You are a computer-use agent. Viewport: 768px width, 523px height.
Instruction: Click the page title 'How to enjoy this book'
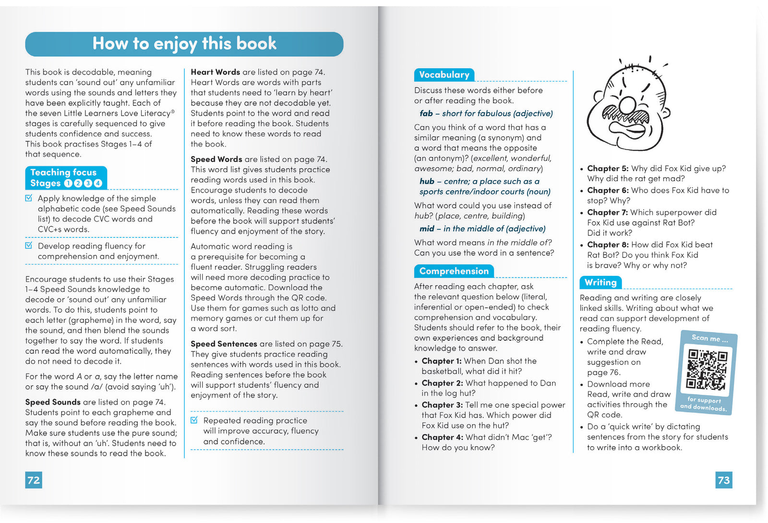pos(184,44)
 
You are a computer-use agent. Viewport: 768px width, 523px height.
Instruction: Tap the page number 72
pos(34,480)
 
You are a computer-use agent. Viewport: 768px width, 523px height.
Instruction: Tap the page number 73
pos(723,480)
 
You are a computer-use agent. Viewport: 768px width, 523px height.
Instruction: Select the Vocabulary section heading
pos(444,75)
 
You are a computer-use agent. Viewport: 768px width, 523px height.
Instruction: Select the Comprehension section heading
pos(454,271)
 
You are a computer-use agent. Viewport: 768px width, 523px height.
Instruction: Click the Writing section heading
pos(600,282)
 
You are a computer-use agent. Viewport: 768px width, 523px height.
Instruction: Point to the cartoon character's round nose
pos(627,105)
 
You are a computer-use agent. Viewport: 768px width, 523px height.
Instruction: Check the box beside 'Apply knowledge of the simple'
pos(29,198)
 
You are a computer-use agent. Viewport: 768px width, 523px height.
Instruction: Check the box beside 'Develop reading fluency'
pos(29,246)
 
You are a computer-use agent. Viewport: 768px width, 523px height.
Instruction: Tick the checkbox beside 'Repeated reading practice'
pos(194,420)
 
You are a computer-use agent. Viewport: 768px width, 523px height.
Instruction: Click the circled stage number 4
pos(98,183)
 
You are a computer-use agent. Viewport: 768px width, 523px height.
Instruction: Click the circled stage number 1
pos(68,183)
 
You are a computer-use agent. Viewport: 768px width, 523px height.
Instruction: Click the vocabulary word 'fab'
pos(426,113)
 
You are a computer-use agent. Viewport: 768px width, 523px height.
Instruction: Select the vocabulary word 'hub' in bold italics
pos(427,181)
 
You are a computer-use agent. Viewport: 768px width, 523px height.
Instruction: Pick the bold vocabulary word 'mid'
pos(427,229)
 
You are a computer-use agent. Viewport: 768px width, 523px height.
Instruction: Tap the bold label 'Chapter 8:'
pos(608,245)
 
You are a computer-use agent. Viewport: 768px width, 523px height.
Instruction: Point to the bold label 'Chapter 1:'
pos(442,361)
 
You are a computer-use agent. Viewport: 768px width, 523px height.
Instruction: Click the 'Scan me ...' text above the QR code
pos(709,338)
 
